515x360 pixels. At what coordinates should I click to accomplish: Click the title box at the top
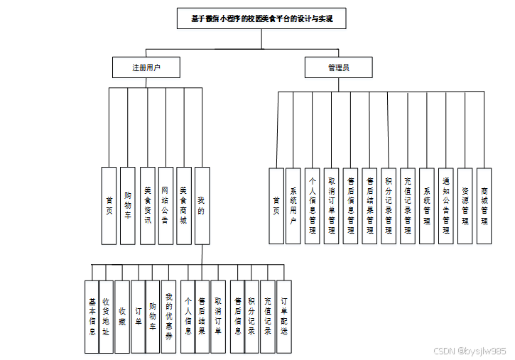point(261,18)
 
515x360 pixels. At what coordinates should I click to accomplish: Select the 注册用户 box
point(146,67)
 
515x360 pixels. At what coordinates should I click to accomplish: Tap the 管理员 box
point(339,67)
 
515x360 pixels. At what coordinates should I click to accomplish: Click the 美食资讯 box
point(147,206)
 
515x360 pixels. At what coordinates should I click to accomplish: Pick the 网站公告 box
point(165,206)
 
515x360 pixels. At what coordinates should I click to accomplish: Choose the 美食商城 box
point(183,206)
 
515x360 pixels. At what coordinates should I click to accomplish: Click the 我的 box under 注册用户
point(202,206)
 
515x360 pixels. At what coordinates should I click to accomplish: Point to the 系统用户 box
point(293,206)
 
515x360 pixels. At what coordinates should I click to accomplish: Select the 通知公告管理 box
point(445,206)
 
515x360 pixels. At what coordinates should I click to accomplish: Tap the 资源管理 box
point(465,206)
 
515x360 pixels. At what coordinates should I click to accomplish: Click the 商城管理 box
point(484,206)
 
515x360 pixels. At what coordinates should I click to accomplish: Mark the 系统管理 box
point(426,206)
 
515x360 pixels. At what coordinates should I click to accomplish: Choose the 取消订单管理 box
point(332,206)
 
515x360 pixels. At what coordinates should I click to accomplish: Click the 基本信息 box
point(91,317)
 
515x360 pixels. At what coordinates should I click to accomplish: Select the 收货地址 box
point(105,317)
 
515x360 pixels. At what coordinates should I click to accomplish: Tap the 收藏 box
point(122,317)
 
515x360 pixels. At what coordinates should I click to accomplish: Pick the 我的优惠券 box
point(169,317)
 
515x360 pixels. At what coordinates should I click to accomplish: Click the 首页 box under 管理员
point(276,206)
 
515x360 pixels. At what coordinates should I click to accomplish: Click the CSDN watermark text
point(470,351)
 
